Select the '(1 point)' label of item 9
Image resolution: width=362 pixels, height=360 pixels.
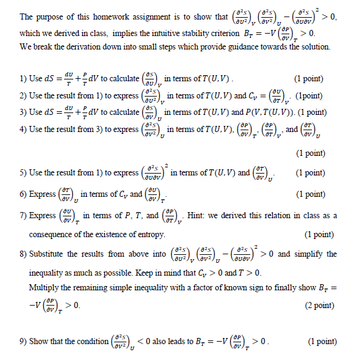[323, 341]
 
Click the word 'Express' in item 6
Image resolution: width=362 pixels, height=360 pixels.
[42, 194]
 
